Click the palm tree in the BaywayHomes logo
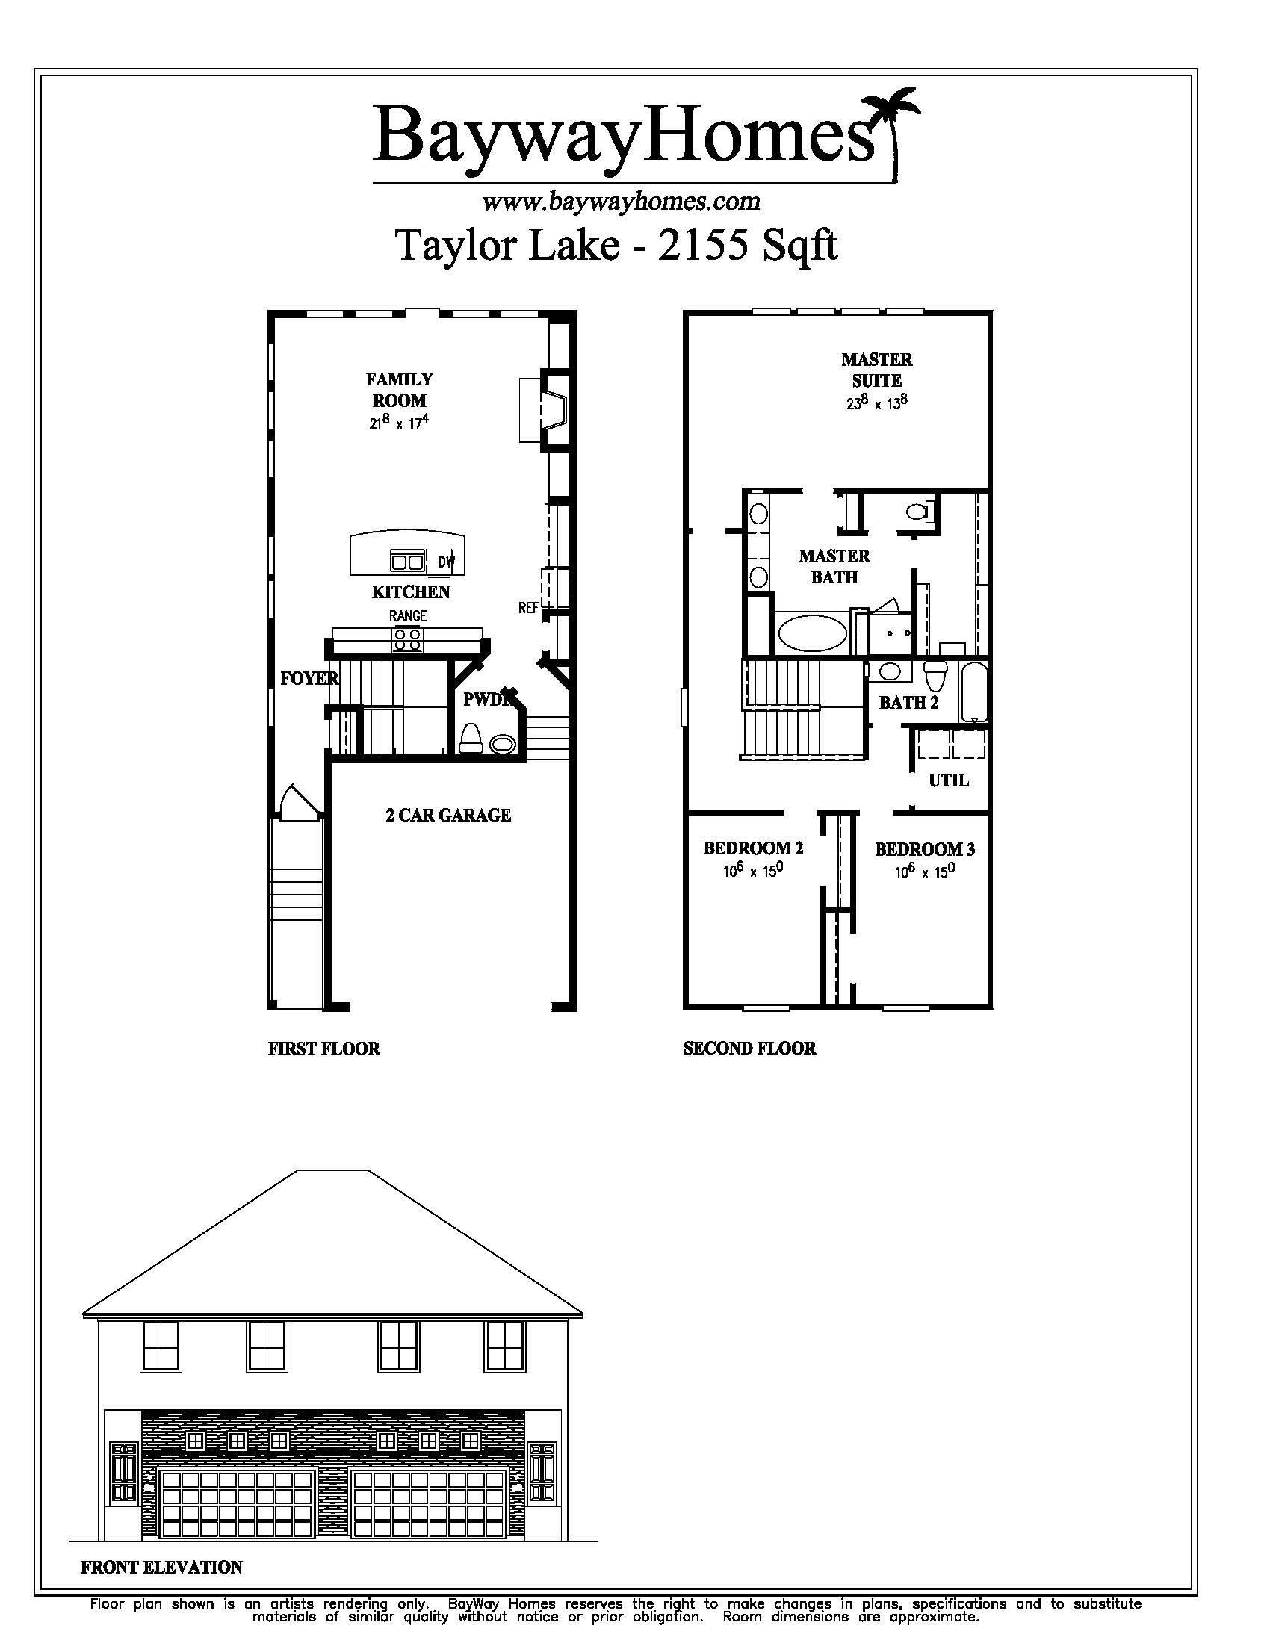893,132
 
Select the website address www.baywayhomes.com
621,201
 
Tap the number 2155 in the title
704,244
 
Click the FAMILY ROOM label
400,390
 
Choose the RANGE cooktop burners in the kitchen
407,639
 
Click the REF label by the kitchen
528,607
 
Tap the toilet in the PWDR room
471,737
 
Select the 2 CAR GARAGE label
448,815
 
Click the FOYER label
309,679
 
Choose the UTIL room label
948,780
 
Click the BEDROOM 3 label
925,849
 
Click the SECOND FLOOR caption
749,1048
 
